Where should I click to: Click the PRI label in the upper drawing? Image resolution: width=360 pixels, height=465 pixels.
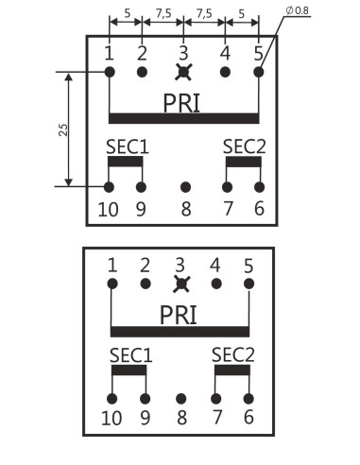tap(182, 101)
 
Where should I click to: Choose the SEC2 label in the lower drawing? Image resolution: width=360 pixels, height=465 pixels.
tap(232, 354)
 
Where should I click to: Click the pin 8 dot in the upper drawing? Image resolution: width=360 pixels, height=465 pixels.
tap(185, 187)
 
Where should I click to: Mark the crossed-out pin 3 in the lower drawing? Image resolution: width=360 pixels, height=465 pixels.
tap(180, 284)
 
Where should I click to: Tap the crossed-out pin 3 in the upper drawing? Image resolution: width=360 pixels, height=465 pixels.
tap(183, 72)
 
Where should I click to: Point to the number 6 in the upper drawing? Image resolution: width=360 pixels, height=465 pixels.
tap(259, 209)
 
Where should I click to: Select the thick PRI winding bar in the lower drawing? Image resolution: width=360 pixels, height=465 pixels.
tap(180, 332)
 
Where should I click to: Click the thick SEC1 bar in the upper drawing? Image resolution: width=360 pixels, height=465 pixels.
tap(126, 161)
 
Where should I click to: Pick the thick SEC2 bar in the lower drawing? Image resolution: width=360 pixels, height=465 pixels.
tap(231, 370)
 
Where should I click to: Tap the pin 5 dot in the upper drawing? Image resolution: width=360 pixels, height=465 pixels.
tap(258, 72)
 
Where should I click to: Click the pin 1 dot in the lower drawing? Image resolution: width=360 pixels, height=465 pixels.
tap(112, 284)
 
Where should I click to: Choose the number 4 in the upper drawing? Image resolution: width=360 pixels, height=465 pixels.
tap(225, 52)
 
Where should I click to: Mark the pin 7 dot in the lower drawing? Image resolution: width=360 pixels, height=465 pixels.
tap(215, 398)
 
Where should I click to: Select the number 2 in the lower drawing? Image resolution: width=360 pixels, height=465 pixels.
tap(146, 265)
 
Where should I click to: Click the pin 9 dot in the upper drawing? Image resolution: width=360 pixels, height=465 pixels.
tap(142, 187)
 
